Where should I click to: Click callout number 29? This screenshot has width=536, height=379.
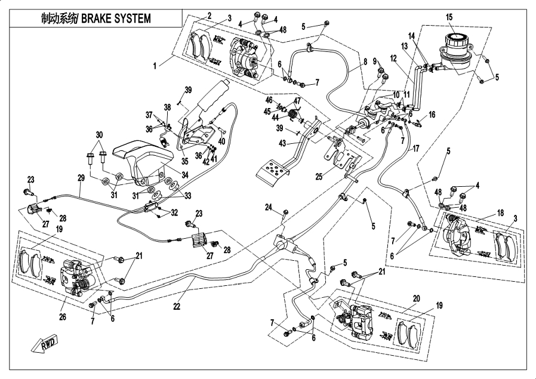(81, 178)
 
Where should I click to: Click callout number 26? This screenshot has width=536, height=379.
(63, 317)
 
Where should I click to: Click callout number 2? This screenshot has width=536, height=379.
(210, 14)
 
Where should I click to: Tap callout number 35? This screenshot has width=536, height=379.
(184, 160)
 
